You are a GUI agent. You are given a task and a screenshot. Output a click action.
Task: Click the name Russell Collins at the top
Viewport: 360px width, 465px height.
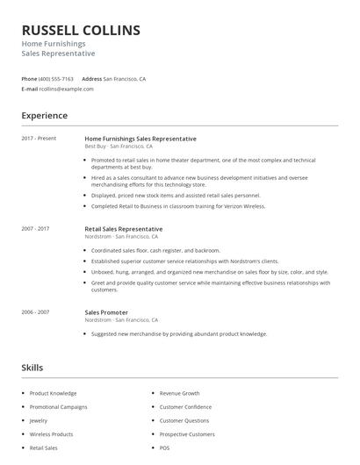pos(81,31)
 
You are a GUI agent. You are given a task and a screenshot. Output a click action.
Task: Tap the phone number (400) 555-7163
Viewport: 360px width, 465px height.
pos(57,79)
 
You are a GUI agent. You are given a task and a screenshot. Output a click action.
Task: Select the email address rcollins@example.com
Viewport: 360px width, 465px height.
pos(66,89)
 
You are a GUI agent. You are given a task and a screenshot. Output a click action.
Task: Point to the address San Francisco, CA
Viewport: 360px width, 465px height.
pos(125,79)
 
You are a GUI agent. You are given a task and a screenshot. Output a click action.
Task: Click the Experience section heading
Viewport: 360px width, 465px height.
pos(44,116)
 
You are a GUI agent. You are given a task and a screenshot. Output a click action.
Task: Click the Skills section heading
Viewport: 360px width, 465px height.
pos(32,368)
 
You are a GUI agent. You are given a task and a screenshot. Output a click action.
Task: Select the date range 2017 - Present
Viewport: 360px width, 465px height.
pos(39,139)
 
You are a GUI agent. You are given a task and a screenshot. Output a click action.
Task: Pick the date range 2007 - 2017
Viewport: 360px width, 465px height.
pos(36,229)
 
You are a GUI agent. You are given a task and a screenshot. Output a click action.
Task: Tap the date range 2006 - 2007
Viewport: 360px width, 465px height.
pos(36,312)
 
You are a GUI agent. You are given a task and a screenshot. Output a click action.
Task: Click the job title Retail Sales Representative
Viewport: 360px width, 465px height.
pos(123,229)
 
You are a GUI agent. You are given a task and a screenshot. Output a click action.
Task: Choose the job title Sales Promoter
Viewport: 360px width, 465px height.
pos(106,312)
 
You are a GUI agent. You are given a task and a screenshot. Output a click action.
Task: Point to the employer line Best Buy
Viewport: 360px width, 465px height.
pos(96,147)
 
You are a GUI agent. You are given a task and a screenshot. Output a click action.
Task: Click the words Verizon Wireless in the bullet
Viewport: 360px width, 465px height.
pos(245,207)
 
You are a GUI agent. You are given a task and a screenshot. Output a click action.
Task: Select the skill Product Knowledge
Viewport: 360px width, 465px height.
pos(53,393)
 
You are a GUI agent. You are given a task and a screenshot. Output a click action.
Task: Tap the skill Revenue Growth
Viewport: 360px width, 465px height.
pos(179,393)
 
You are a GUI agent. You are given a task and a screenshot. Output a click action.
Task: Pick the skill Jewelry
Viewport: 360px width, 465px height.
pos(40,420)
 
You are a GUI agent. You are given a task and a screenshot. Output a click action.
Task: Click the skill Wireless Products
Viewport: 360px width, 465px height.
pos(51,434)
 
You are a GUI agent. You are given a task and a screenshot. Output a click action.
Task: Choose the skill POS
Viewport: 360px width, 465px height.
pos(164,447)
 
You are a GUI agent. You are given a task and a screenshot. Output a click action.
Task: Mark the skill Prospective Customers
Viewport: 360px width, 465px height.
pos(186,434)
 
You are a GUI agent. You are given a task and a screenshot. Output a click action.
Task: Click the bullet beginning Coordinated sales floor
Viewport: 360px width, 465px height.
pos(155,250)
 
